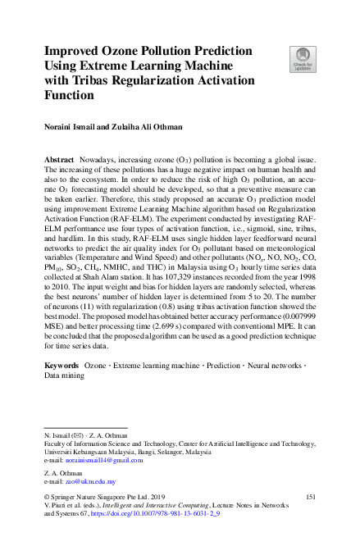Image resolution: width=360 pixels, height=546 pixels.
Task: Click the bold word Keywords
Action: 62,363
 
